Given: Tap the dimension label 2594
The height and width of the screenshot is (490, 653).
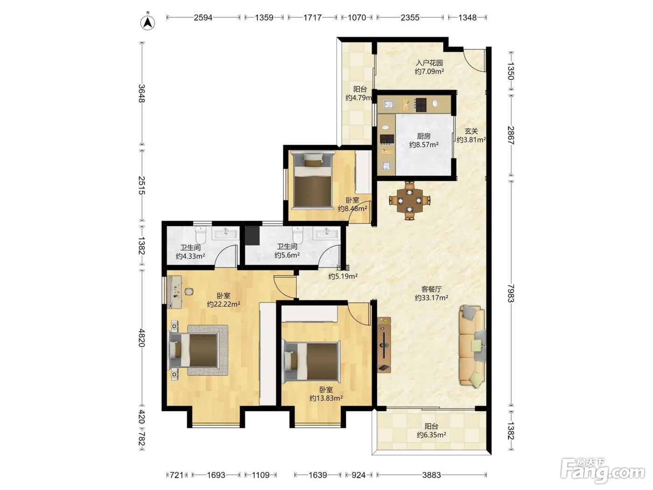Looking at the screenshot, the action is click(203, 18).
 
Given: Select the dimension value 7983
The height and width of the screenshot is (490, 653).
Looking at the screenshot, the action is click(510, 293).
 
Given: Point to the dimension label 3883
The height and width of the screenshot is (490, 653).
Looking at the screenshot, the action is click(431, 475).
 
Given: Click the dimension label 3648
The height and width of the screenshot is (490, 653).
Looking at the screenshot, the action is click(142, 93).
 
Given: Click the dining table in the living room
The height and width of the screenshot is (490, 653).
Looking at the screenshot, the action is click(410, 201).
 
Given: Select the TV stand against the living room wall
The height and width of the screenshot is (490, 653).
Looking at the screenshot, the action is click(384, 345).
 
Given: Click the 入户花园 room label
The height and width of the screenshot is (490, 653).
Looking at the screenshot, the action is click(429, 63).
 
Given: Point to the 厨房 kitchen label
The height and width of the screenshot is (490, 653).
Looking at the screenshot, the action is click(424, 136).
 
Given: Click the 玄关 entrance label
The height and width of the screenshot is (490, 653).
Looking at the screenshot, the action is click(471, 131).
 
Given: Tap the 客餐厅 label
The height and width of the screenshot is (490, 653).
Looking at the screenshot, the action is click(431, 289).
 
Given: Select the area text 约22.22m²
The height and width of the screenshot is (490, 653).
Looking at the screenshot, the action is click(223, 304).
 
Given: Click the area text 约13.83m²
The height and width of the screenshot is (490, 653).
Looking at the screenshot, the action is click(326, 398).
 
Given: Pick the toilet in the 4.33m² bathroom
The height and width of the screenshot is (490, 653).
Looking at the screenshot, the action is click(201, 234).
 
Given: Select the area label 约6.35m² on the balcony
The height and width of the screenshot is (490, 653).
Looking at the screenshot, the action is click(431, 435).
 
